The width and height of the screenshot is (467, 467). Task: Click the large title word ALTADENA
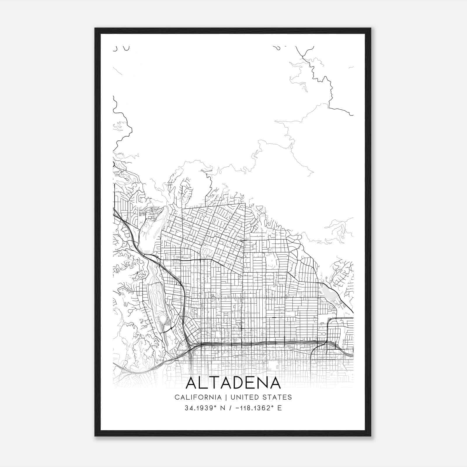(x=233, y=383)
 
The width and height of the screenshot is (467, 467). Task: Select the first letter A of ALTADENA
(x=193, y=383)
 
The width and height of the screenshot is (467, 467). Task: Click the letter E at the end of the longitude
(x=280, y=408)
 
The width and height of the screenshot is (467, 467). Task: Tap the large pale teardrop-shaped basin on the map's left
(x=147, y=231)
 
